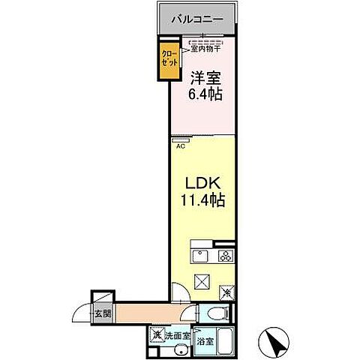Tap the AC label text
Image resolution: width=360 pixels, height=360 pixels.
pyautogui.click(x=180, y=146)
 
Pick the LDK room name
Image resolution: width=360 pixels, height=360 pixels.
pyautogui.click(x=199, y=184)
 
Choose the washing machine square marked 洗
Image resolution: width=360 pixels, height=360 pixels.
pyautogui.click(x=158, y=335)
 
